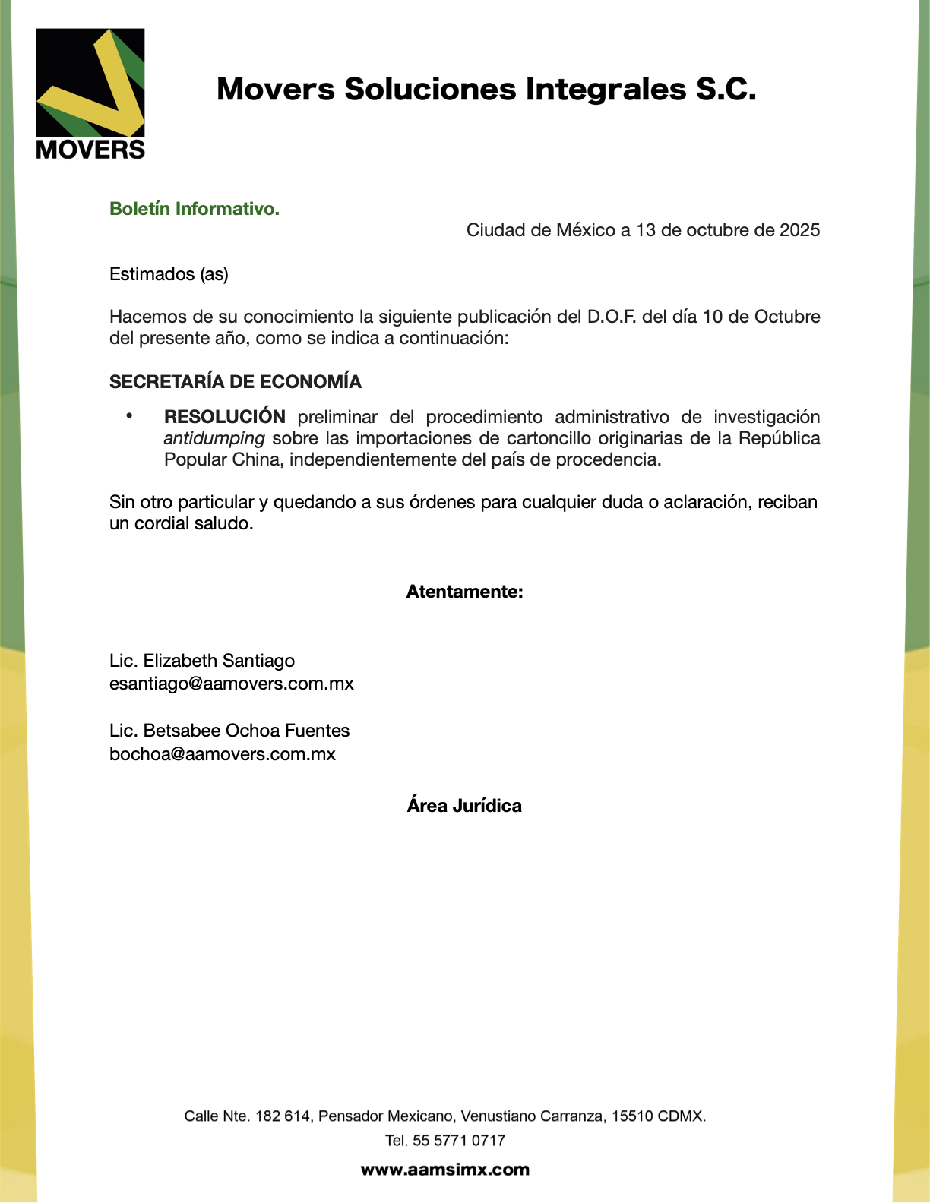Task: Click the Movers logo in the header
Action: [x=90, y=93]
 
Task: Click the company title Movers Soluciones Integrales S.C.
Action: [x=486, y=89]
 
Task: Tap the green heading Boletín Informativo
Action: [x=195, y=209]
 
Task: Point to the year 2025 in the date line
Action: [x=799, y=230]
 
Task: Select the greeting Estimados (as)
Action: [x=169, y=274]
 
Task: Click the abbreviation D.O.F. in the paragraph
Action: [x=612, y=317]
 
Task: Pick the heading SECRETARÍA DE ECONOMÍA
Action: [x=236, y=382]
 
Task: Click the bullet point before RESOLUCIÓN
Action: [x=130, y=416]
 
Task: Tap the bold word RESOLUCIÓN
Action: [x=225, y=417]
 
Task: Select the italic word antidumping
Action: [x=214, y=438]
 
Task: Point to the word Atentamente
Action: [x=464, y=592]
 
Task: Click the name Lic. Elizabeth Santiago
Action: [x=202, y=661]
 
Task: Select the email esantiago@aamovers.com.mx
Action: [x=232, y=684]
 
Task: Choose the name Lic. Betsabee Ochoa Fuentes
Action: [x=229, y=731]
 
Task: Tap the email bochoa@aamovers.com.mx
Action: [x=223, y=754]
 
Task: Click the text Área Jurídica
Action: [x=464, y=806]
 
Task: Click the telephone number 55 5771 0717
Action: [x=459, y=1140]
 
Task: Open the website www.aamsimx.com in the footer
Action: [x=445, y=1170]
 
